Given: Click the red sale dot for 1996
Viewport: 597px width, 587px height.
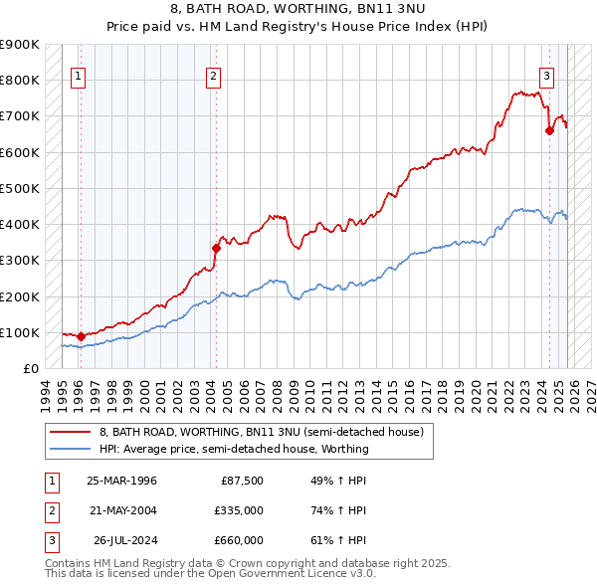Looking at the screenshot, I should [x=82, y=336].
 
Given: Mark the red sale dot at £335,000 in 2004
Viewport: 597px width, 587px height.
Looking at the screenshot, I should [x=216, y=248].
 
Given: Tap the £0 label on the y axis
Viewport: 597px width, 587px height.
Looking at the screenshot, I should [x=30, y=368].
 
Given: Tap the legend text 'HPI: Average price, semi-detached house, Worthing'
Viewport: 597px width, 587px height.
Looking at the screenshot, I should [x=234, y=449].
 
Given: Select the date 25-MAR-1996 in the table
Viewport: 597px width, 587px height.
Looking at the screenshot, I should [x=121, y=481].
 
